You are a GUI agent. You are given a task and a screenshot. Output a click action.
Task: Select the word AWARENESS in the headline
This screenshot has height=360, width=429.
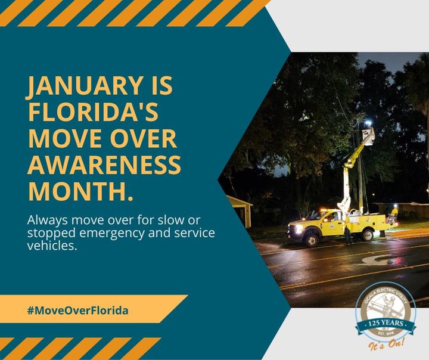[x=104, y=164]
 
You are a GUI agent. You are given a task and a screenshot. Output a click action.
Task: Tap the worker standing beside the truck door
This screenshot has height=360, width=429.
[x=347, y=229]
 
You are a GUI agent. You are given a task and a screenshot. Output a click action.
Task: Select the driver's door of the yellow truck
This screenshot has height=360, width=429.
[x=331, y=222]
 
